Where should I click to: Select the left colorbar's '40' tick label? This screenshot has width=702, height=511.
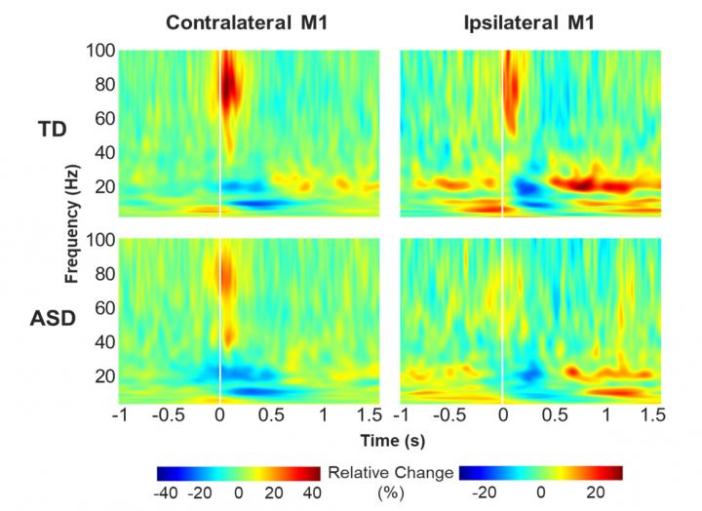pos(311,493)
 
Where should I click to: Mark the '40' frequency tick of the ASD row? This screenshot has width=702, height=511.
pos(104,342)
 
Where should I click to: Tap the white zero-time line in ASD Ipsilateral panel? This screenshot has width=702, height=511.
pos(502,322)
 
